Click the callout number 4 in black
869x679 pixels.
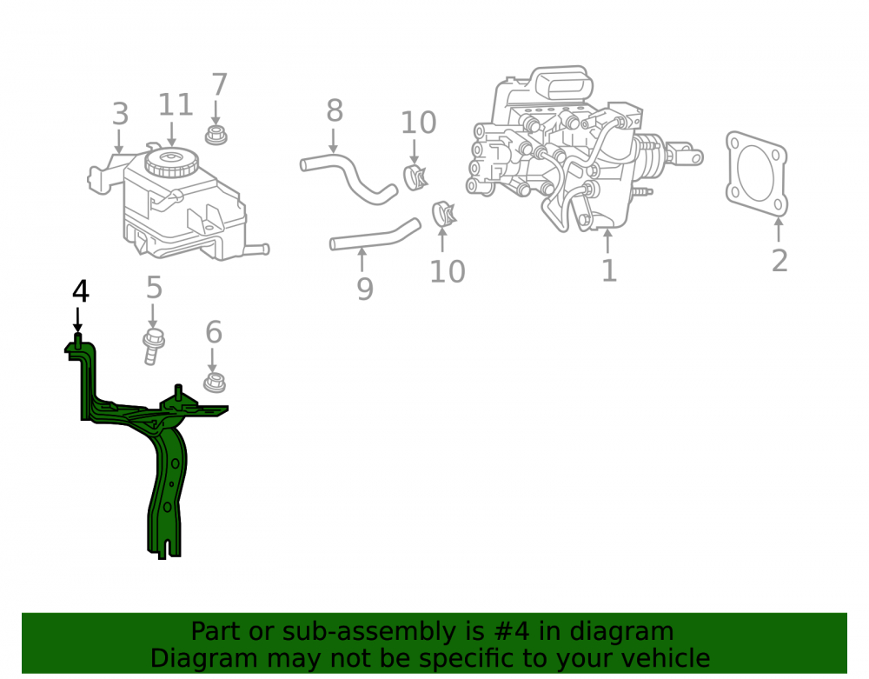81,291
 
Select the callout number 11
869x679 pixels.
176,104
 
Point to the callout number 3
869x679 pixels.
120,114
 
